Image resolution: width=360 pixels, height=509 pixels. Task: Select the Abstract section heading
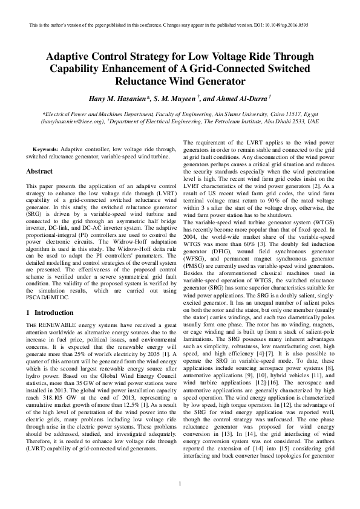tap(39, 171)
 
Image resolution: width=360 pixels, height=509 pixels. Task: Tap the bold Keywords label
tap(45, 149)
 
